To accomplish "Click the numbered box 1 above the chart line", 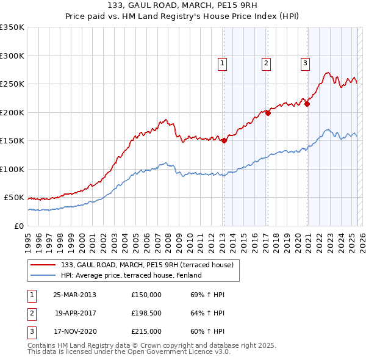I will [222, 62].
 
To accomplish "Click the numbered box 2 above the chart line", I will [267, 62].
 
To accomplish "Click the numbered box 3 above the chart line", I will [304, 62].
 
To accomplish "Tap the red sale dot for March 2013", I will [224, 140].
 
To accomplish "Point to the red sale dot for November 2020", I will [307, 104].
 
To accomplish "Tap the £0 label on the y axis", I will [18, 226].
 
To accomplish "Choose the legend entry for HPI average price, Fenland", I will [131, 275].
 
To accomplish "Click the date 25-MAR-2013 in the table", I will [75, 295].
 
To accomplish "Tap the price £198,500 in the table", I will [146, 313].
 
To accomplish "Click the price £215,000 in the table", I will [146, 331].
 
